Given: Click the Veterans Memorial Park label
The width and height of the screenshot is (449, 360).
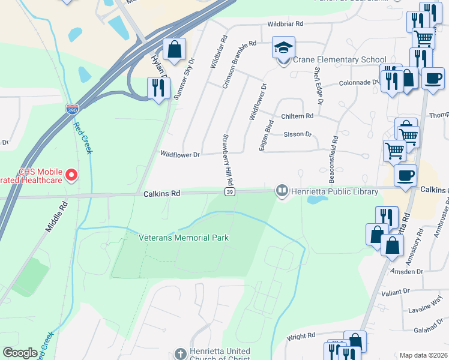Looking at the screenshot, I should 184,238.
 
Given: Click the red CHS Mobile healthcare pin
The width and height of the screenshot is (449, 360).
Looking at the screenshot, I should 71,176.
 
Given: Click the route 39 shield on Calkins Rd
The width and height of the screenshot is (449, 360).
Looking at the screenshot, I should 230,191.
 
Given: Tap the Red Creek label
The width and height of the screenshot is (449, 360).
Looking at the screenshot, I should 82,137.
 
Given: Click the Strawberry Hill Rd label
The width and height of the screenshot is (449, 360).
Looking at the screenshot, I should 228,160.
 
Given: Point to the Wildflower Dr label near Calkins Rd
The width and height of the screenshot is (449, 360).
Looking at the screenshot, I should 179,154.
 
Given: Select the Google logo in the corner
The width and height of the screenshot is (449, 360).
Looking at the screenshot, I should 20,353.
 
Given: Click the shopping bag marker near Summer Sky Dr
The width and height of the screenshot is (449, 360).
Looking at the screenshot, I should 174,49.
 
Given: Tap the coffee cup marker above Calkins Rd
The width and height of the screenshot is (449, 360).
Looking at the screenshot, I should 406,176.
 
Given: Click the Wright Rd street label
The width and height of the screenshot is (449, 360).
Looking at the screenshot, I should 297,337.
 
